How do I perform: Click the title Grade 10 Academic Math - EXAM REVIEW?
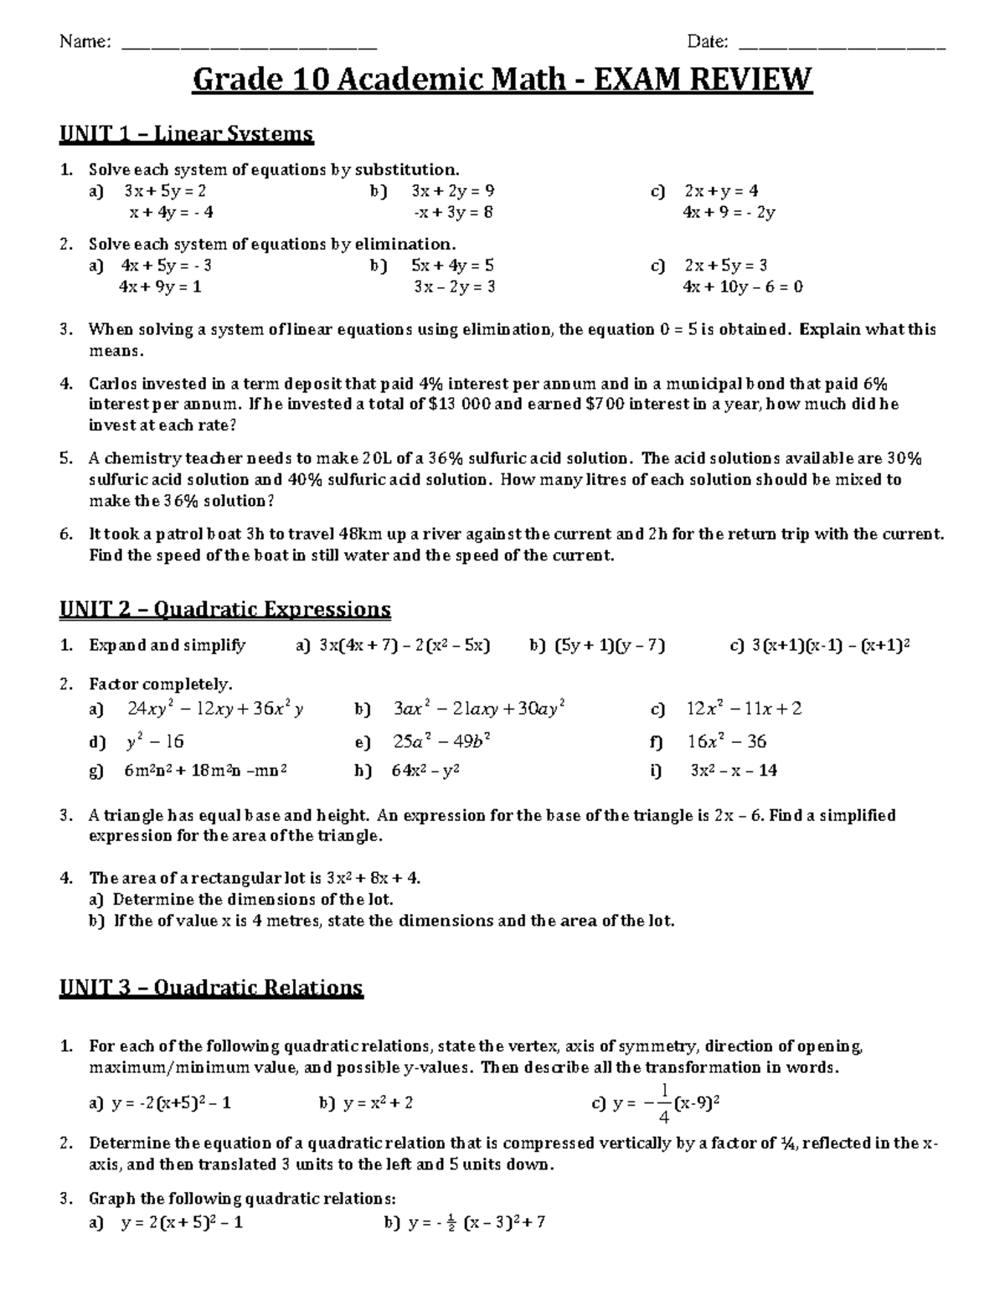[x=502, y=80]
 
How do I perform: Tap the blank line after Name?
[x=249, y=44]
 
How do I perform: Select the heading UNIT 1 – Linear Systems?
[x=186, y=133]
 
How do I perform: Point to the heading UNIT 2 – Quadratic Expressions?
[x=224, y=608]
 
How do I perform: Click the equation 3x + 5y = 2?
[x=164, y=191]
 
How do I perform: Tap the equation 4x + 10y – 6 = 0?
[x=743, y=287]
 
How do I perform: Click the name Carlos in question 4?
[x=112, y=384]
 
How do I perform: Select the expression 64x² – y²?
[x=425, y=771]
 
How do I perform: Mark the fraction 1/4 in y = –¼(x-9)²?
[x=663, y=1103]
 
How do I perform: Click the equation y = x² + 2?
[x=378, y=1103]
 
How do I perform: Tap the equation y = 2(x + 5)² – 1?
[x=182, y=1222]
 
